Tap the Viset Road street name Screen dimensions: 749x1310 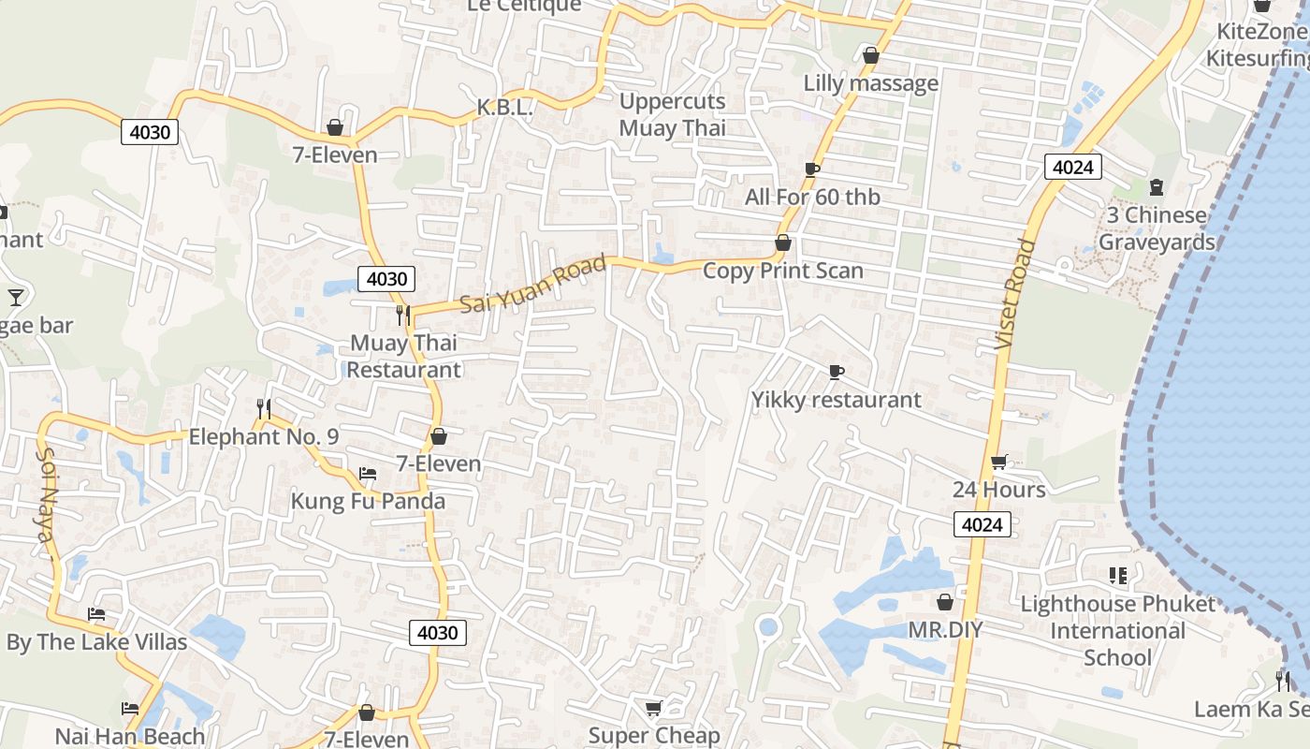1017,295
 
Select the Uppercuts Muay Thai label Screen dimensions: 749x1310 673,114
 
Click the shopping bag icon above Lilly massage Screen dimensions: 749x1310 871,55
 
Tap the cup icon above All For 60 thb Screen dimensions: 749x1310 812,169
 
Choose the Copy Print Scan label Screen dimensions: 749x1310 782,271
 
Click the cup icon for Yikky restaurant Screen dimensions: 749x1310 837,373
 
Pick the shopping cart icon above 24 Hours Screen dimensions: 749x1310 998,463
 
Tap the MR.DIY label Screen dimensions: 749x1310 945,629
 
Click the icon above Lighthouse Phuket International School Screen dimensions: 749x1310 1117,575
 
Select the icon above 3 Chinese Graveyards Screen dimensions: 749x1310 1156,187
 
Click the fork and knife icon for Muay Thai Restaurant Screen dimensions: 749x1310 403,316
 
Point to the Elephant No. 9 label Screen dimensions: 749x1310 264,436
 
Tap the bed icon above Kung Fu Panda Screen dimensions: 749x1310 368,474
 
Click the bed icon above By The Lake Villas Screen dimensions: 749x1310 96,615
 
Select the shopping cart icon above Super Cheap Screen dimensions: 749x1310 654,709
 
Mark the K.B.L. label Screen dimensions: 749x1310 504,108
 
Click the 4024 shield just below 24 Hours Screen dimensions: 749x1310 982,524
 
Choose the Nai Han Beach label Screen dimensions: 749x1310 129,736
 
